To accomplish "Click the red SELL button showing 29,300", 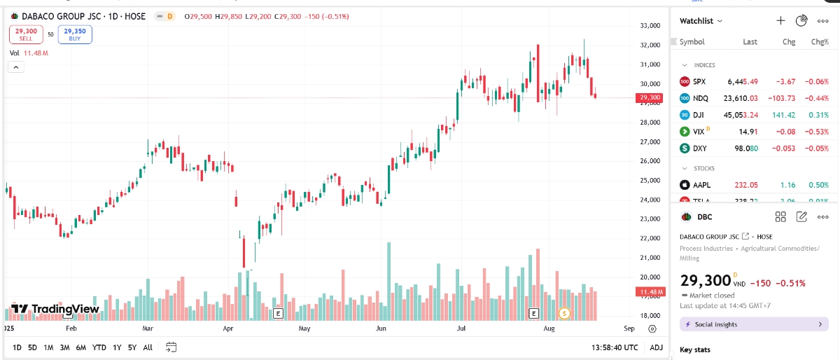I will (26, 34).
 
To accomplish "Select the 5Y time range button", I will (132, 347).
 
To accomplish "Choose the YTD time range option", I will (99, 347).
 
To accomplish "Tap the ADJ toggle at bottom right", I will (656, 347).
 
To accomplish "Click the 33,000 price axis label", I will (650, 26).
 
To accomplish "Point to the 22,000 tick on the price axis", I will (650, 239).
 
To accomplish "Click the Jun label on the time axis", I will (381, 328).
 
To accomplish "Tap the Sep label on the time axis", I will (629, 328).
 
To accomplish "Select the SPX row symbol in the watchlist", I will (699, 82).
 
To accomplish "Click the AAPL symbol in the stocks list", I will (701, 185).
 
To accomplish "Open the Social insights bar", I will (754, 324).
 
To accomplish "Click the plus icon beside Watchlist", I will (780, 21).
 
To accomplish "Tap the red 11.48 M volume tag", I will (650, 291).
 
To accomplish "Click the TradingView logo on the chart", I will (55, 309).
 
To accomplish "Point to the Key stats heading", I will (694, 349).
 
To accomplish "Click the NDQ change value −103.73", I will (780, 98).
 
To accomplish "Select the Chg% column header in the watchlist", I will (819, 42).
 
